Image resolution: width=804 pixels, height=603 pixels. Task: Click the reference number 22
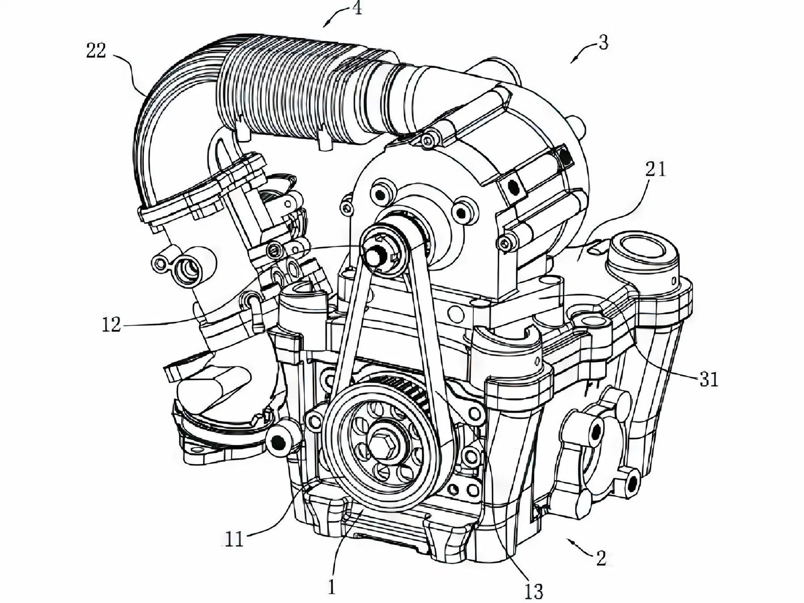click(97, 50)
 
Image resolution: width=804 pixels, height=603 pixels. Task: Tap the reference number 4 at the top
click(357, 8)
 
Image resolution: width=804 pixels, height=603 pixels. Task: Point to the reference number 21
click(656, 170)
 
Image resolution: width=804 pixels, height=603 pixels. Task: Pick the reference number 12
click(111, 325)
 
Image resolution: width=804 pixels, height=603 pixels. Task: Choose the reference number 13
click(533, 591)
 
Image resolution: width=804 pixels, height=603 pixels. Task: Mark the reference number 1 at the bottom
click(331, 587)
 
